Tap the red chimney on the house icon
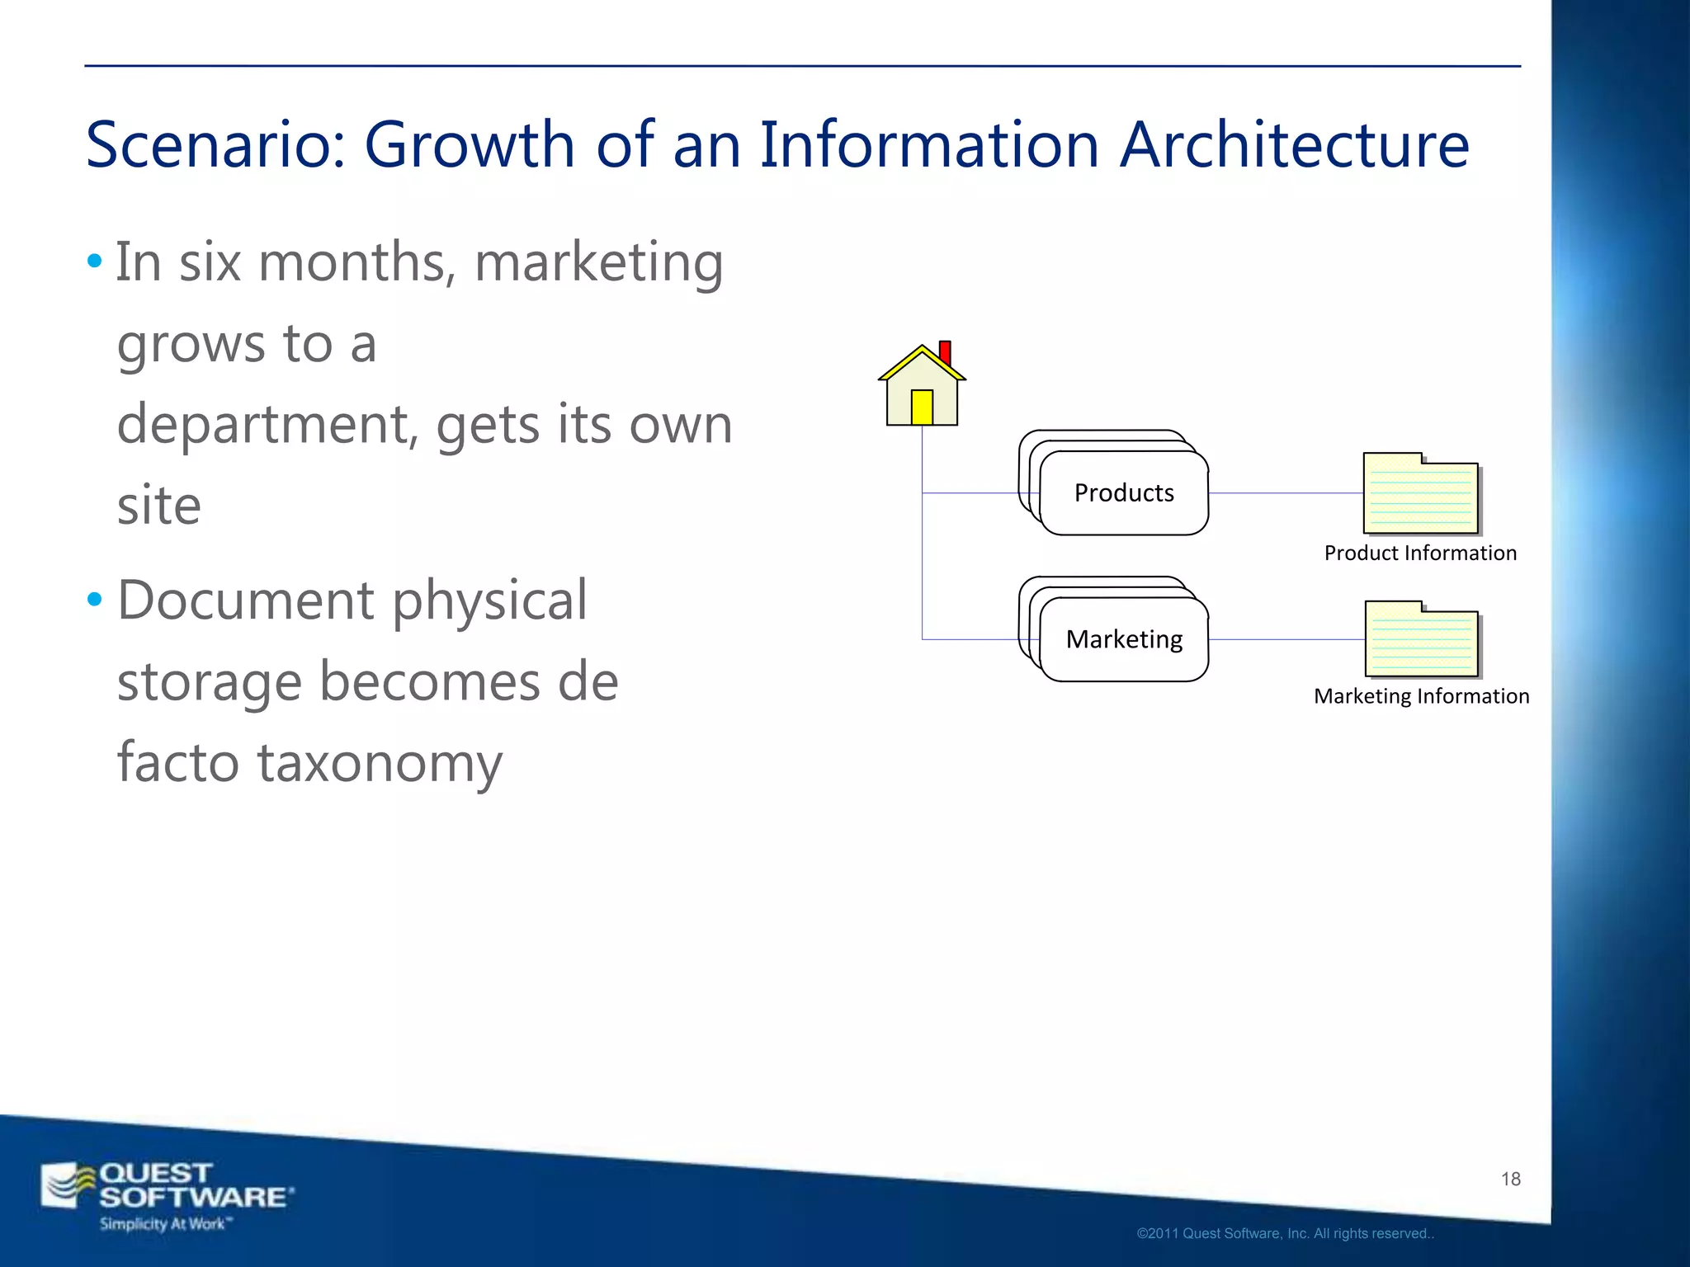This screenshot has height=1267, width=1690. (946, 352)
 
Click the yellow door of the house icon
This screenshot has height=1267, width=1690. (922, 407)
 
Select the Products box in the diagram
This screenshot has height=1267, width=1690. (1124, 493)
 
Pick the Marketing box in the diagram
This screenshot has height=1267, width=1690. (1124, 639)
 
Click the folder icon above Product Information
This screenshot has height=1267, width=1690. (1421, 493)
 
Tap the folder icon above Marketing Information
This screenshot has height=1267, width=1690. (1422, 639)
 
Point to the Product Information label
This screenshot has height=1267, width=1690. (1420, 553)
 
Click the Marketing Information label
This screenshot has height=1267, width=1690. (1421, 696)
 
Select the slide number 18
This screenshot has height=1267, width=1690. (1510, 1179)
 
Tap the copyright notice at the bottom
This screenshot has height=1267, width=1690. (1285, 1233)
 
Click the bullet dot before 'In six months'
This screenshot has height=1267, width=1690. (95, 262)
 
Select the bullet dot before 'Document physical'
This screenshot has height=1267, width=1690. (95, 600)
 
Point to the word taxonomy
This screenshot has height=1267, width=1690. (380, 763)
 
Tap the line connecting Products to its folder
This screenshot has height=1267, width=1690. (1286, 493)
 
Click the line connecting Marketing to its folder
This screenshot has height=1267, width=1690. (1286, 639)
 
